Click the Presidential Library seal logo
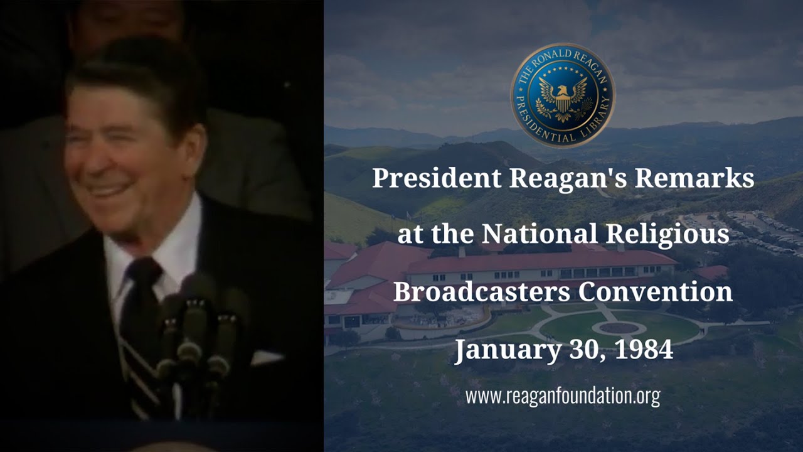click(563, 95)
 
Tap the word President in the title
click(437, 178)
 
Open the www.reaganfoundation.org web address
click(562, 396)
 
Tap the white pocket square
click(267, 357)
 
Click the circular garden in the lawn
click(619, 328)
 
